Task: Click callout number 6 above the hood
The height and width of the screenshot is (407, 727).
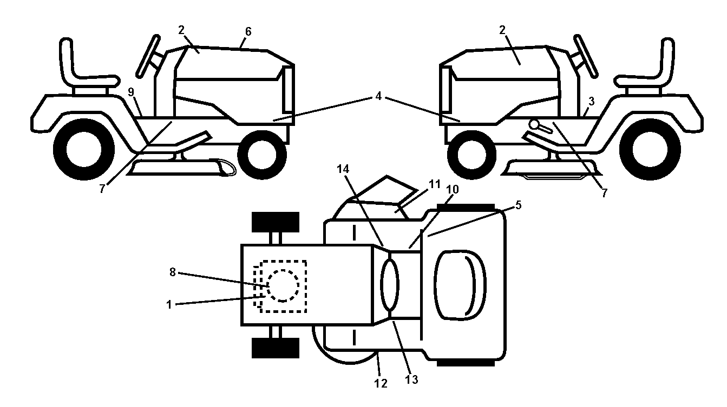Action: pyautogui.click(x=248, y=32)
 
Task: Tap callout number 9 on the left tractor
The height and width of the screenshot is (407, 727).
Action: pyautogui.click(x=131, y=92)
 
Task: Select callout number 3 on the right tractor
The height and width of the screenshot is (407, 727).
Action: pyautogui.click(x=591, y=102)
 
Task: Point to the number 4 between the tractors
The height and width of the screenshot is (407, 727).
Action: pyautogui.click(x=378, y=96)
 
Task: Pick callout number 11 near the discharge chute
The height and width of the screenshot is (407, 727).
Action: pyautogui.click(x=434, y=184)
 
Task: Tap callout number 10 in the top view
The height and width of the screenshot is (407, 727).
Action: pyautogui.click(x=453, y=189)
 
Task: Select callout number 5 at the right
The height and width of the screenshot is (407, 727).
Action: pyautogui.click(x=518, y=205)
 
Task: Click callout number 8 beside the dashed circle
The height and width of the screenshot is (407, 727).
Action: pyautogui.click(x=172, y=272)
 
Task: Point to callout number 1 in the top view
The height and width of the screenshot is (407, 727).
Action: pyautogui.click(x=169, y=305)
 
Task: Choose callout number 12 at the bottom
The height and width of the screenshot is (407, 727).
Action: pyautogui.click(x=381, y=384)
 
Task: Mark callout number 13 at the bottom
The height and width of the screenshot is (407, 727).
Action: pyautogui.click(x=411, y=379)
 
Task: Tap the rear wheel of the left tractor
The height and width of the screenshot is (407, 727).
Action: pyautogui.click(x=84, y=149)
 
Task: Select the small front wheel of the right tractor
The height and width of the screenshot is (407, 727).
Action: pyautogui.click(x=471, y=155)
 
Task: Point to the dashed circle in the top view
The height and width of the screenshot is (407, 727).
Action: pyautogui.click(x=283, y=286)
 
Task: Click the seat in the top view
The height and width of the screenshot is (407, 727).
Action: pyautogui.click(x=460, y=285)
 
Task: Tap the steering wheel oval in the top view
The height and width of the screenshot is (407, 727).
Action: pyautogui.click(x=390, y=285)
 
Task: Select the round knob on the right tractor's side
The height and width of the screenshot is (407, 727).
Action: pyautogui.click(x=533, y=124)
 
